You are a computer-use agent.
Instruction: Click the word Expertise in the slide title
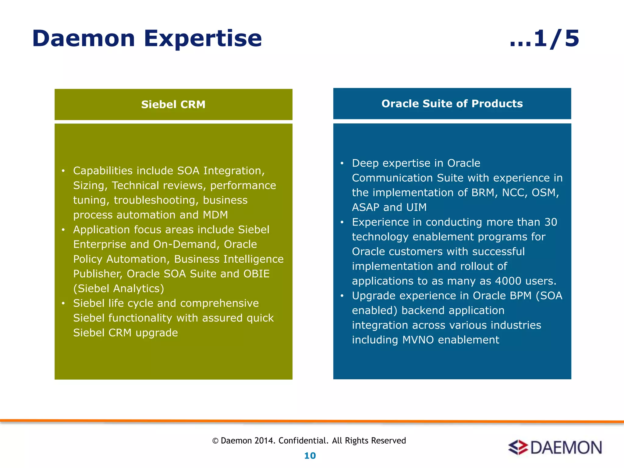click(x=203, y=39)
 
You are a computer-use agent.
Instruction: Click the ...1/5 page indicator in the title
click(x=544, y=39)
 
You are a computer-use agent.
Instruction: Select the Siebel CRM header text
click(x=173, y=105)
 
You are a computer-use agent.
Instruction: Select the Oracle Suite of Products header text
click(x=452, y=104)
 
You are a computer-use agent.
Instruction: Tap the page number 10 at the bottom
click(x=310, y=456)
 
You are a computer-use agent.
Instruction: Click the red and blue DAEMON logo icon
click(x=518, y=447)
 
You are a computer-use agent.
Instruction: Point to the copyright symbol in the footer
click(x=215, y=441)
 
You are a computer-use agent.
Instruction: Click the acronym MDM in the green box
click(x=215, y=215)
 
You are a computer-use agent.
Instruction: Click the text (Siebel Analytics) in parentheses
click(x=119, y=288)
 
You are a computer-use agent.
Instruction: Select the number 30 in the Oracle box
click(x=551, y=222)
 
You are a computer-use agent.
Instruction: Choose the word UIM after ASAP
click(x=416, y=207)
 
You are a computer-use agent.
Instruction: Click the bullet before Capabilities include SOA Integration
click(x=63, y=171)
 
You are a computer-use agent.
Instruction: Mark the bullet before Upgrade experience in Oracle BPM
click(x=342, y=296)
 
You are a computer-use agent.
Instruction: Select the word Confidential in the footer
click(x=303, y=441)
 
